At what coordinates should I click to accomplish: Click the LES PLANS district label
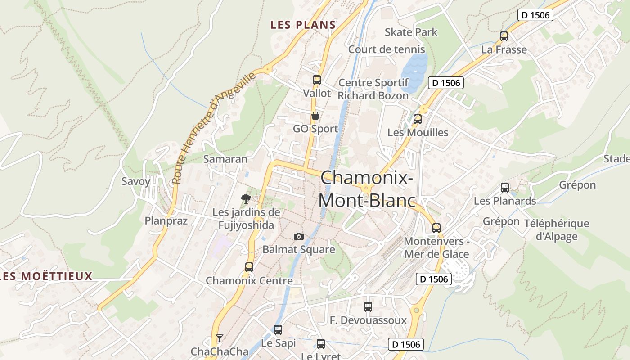tap(303, 25)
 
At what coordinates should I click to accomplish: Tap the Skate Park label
tap(411, 32)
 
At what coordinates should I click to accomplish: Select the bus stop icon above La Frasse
tap(504, 36)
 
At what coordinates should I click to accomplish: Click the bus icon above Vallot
tap(317, 80)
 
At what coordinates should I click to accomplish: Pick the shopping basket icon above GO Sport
tap(315, 116)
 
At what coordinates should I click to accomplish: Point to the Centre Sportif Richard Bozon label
tap(373, 89)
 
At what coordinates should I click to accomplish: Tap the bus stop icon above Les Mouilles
tap(418, 119)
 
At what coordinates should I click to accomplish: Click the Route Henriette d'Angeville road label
tap(214, 128)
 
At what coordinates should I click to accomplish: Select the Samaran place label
tap(225, 159)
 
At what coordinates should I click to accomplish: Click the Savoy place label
tap(136, 181)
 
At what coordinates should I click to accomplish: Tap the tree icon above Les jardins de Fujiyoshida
tap(246, 198)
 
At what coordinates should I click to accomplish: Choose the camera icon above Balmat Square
tap(298, 236)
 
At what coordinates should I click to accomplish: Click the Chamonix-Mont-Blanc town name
tap(366, 189)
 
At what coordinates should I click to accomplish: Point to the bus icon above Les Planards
tap(505, 188)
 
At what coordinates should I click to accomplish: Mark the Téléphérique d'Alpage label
tap(557, 230)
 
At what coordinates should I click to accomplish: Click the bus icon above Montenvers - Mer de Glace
tap(436, 228)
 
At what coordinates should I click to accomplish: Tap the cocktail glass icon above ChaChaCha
tap(220, 338)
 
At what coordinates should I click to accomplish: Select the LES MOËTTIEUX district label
tap(46, 276)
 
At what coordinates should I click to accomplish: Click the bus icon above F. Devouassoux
tap(368, 307)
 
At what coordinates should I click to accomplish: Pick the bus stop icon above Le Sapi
tap(278, 330)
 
